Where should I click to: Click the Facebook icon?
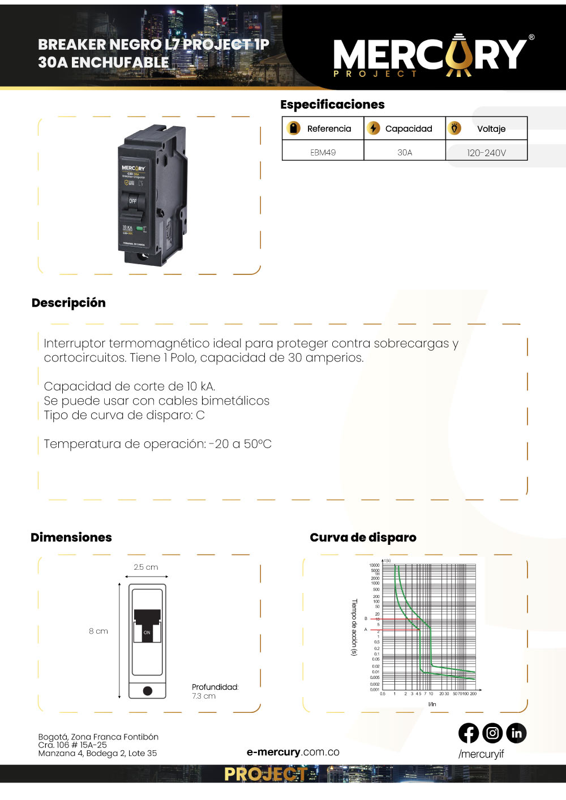(x=469, y=733)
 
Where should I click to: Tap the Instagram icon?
(x=492, y=733)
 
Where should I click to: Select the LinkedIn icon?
(x=516, y=733)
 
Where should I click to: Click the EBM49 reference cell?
(x=323, y=152)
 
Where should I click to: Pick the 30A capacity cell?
(x=405, y=152)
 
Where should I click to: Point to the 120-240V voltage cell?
(x=486, y=153)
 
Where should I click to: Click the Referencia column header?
(x=329, y=128)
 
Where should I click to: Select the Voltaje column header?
(x=491, y=128)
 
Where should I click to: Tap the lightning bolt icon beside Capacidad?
(x=373, y=128)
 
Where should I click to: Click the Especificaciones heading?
(x=332, y=104)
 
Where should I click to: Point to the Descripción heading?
(x=68, y=303)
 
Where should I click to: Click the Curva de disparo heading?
(x=363, y=537)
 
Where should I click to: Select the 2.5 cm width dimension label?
(x=145, y=567)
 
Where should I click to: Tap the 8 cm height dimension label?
(x=98, y=631)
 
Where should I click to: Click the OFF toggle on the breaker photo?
(x=132, y=201)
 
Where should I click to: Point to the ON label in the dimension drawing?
(x=147, y=633)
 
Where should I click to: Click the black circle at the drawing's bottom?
(x=148, y=690)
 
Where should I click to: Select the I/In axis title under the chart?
(x=432, y=704)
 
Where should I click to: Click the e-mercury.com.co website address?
(x=293, y=752)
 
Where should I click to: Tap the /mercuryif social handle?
(x=481, y=754)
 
